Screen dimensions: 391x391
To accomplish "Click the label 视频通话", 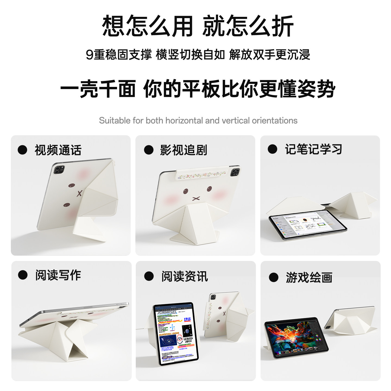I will (58, 150).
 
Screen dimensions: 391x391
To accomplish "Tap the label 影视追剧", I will (184, 150).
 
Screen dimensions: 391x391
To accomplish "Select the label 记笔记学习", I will (313, 149).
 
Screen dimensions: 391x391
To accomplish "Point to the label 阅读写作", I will (58, 275).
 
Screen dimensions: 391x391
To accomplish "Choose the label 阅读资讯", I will (185, 276).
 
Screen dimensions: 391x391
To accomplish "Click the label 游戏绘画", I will (309, 278).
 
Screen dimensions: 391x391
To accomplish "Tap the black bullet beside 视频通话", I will (23, 150).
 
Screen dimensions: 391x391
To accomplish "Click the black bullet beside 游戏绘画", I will (273, 278).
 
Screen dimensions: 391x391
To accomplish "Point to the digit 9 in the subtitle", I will (90, 55).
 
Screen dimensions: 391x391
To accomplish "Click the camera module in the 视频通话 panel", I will (59, 170).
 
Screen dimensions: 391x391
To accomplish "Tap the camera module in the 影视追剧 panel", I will (235, 172).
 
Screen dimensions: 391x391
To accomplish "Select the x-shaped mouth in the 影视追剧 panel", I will (196, 198).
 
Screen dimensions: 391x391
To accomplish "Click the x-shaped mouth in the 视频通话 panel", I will (79, 194).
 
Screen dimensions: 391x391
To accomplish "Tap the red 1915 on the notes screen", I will (187, 319).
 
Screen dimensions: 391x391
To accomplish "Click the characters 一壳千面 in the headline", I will (98, 89).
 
